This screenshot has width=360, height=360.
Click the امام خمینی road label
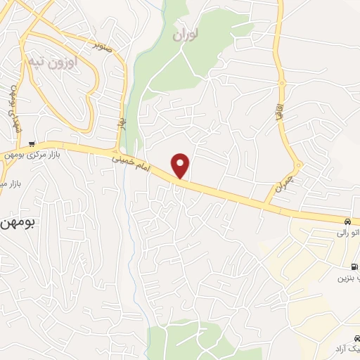click(x=130, y=164)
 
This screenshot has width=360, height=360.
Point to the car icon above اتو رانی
click(x=349, y=221)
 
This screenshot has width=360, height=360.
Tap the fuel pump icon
click(x=352, y=266)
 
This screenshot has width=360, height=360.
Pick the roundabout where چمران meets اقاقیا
click(x=298, y=167)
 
